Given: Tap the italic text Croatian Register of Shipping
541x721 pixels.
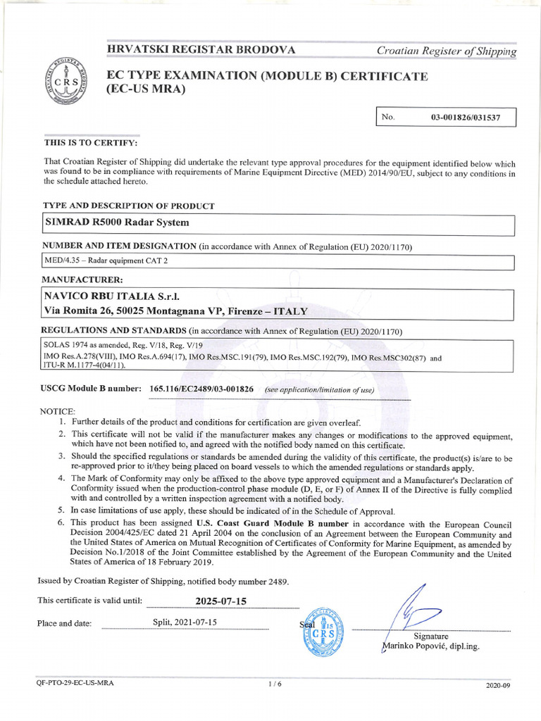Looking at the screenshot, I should coord(446,51).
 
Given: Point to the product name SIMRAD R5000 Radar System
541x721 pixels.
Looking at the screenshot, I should coord(117,222).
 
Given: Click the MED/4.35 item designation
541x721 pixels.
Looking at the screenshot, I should coord(106,261).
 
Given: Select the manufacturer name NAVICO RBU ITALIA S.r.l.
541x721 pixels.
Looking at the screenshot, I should coord(116,296).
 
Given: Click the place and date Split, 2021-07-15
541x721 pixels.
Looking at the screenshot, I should coord(185,622).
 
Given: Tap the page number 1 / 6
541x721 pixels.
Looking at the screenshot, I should coord(275,684).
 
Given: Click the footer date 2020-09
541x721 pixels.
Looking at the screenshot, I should coord(498,684).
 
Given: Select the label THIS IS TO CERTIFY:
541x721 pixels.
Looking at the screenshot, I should coord(91,143).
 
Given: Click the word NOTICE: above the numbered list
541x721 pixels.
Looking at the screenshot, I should coord(57,410).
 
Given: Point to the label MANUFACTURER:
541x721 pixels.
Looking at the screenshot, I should coord(83,280).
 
